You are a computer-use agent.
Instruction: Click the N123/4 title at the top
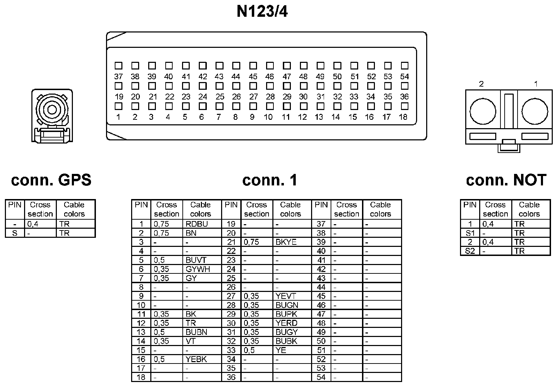click(x=262, y=12)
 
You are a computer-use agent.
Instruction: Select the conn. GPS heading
click(x=51, y=180)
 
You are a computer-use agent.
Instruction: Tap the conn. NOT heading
click(x=506, y=180)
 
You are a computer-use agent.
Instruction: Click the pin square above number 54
click(x=405, y=66)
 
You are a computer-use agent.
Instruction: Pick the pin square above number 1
click(x=118, y=106)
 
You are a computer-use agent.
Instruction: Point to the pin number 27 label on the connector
click(x=254, y=97)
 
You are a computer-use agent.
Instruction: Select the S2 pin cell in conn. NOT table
click(x=470, y=251)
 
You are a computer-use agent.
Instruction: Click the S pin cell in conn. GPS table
click(x=15, y=233)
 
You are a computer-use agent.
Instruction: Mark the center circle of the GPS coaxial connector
click(x=52, y=110)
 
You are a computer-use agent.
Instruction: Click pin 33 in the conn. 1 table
click(x=231, y=350)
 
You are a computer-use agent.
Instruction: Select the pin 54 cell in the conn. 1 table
click(x=321, y=377)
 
